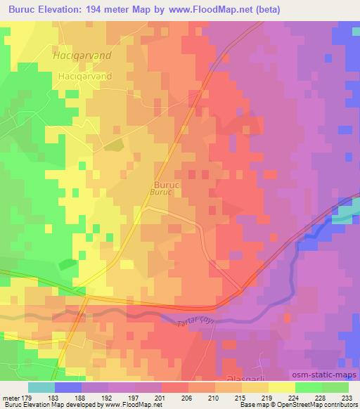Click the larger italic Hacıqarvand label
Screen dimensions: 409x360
point(82,53)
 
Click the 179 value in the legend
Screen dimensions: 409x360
point(27,397)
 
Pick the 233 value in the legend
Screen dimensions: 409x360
point(347,397)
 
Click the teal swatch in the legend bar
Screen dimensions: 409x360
point(41,387)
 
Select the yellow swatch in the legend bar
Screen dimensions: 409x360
point(281,387)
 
